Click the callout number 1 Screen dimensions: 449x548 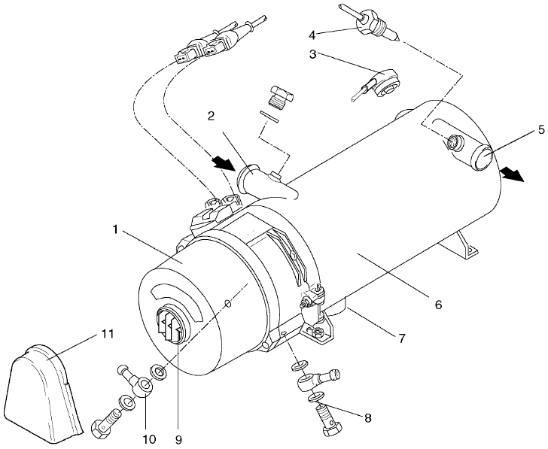[x=115, y=228]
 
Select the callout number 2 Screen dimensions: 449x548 [x=214, y=117]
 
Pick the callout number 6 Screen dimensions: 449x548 [x=437, y=305]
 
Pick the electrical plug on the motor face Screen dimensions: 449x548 [x=170, y=327]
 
